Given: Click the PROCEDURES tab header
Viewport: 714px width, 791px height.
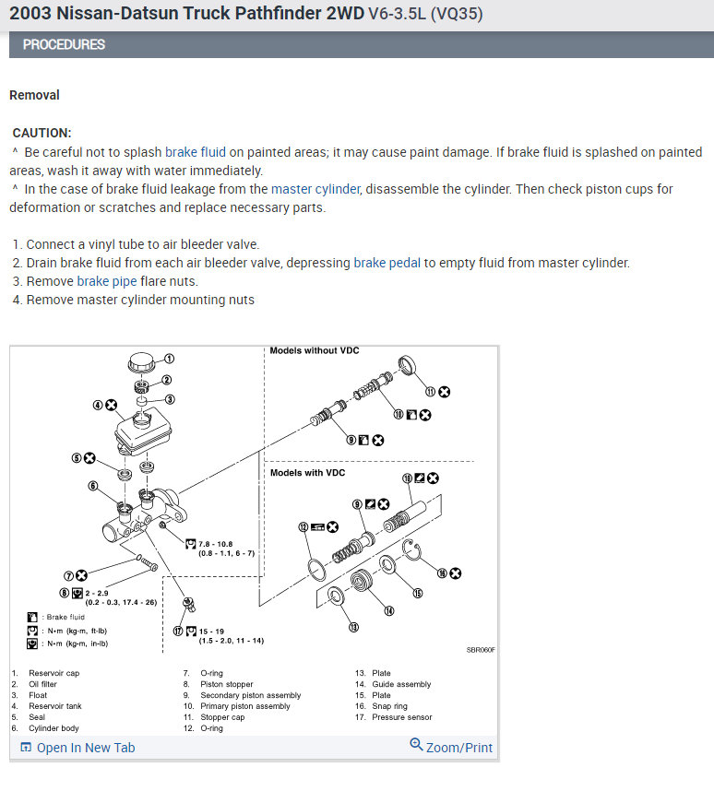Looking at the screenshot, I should click(x=64, y=44).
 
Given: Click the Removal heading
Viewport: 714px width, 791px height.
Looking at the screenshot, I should click(x=34, y=95).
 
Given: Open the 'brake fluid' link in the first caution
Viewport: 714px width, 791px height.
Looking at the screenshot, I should click(x=195, y=152).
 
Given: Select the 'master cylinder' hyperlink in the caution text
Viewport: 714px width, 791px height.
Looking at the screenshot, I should click(x=315, y=189).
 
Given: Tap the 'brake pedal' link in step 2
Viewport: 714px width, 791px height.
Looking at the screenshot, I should click(x=387, y=263).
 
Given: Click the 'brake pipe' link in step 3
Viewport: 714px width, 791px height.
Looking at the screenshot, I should click(x=107, y=281).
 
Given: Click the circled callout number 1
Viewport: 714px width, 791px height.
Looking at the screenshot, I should click(x=170, y=359).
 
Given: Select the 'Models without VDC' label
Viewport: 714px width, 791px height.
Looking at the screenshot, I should click(x=314, y=351).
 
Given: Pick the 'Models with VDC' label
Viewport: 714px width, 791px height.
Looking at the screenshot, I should click(x=307, y=473).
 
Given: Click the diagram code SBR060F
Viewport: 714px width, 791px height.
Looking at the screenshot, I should click(x=481, y=650).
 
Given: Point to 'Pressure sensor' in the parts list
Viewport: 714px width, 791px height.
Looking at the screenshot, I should click(x=401, y=717).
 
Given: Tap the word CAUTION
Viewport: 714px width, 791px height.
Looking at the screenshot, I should click(x=42, y=133).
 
